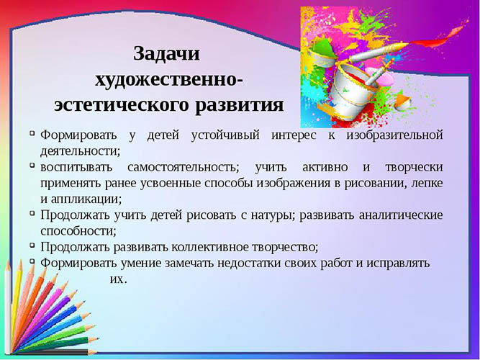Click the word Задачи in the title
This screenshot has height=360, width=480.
[x=166, y=54]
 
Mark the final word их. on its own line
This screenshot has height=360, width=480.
[x=118, y=279]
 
